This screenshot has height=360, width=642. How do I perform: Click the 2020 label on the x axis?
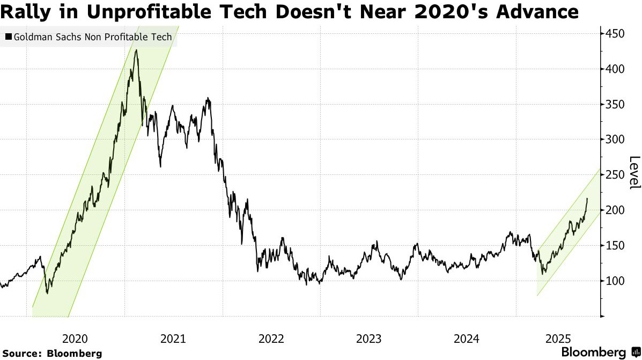pos(75,339)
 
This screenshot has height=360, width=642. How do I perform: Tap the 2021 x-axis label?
pos(173,339)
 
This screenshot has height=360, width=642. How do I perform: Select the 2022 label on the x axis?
pos(271,339)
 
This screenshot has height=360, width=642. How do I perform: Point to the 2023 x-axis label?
pos(368,339)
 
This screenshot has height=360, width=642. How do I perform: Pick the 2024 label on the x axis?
pos(466,339)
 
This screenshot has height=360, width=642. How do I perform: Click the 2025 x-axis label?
pos(558,339)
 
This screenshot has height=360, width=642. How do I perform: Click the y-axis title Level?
pos(634,172)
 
